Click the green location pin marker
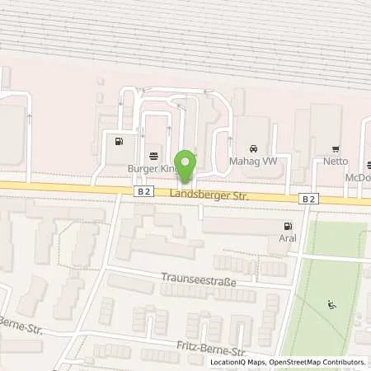click(186, 166)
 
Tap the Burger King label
click(153, 168)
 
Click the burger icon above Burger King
click(153, 156)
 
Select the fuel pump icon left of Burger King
click(120, 140)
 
